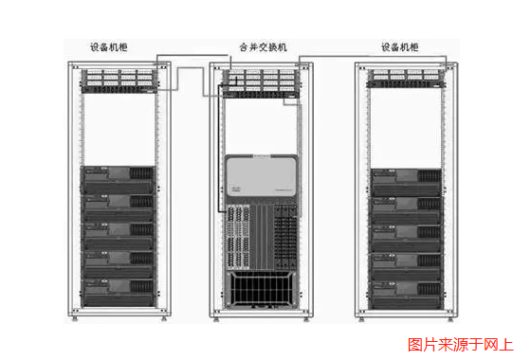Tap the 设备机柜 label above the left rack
coord(113,46)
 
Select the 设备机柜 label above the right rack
coord(404,46)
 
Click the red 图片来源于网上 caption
coord(461,345)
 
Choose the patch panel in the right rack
coord(406,78)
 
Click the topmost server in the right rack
coord(406,179)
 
